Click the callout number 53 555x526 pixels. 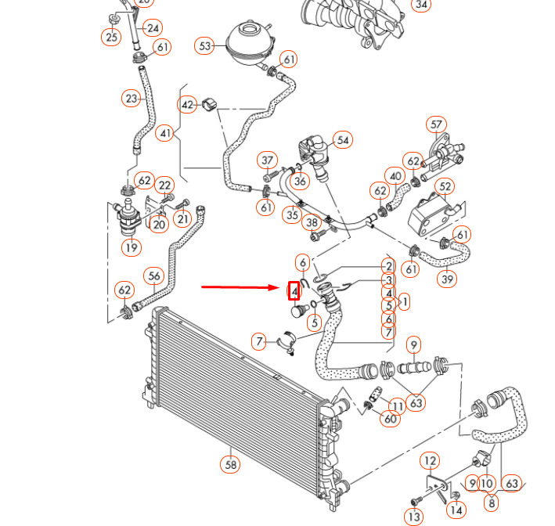click(206, 46)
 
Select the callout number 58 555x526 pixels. click(230, 464)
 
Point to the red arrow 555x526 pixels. click(243, 287)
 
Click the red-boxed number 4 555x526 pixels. click(294, 291)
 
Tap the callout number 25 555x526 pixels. click(111, 36)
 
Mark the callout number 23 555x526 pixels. click(131, 99)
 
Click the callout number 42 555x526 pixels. click(188, 105)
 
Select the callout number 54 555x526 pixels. click(342, 140)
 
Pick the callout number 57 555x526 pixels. click(436, 124)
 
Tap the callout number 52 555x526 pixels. click(445, 186)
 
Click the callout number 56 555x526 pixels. click(154, 276)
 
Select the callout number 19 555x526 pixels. click(131, 248)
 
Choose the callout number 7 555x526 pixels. click(260, 341)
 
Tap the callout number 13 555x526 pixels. click(414, 517)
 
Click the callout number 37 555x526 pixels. click(268, 160)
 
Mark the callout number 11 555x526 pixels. click(398, 405)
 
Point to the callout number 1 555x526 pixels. click(405, 301)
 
